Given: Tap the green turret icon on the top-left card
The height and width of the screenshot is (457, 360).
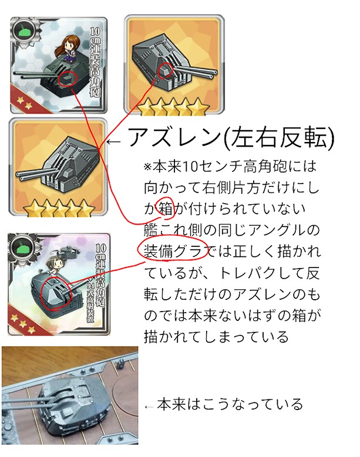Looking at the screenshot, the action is tap(25, 30).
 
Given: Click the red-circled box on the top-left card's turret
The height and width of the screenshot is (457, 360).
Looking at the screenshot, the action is tap(68, 78).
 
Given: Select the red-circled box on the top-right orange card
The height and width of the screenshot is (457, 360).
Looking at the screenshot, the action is tap(165, 70).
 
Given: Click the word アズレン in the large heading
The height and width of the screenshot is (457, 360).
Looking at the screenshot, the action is tap(173, 137).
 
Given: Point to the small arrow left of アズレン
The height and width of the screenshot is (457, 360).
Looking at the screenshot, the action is tap(113, 142).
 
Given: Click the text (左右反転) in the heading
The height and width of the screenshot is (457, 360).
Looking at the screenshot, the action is tap(278, 137).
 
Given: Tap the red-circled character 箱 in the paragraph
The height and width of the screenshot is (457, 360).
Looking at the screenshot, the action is tap(166, 209).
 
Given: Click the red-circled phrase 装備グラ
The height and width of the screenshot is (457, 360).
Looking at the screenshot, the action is tap(173, 250).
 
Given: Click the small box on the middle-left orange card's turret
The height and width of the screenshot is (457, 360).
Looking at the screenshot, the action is tap(68, 172).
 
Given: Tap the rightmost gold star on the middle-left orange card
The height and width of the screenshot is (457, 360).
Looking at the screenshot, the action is tap(87, 208).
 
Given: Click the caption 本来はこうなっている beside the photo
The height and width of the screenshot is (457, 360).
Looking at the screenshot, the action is tap(230, 404).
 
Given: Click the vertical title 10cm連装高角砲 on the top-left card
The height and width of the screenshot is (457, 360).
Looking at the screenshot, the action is tap(95, 62).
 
